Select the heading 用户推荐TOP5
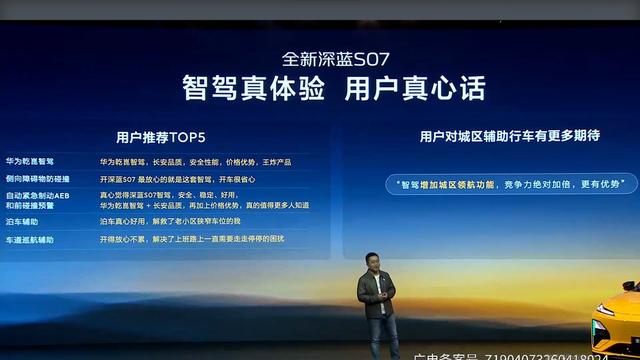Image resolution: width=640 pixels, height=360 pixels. [x=161, y=136]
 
